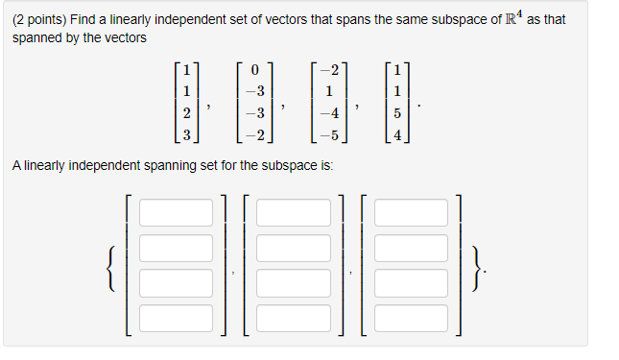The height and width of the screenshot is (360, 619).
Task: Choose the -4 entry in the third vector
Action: coord(328,113)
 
